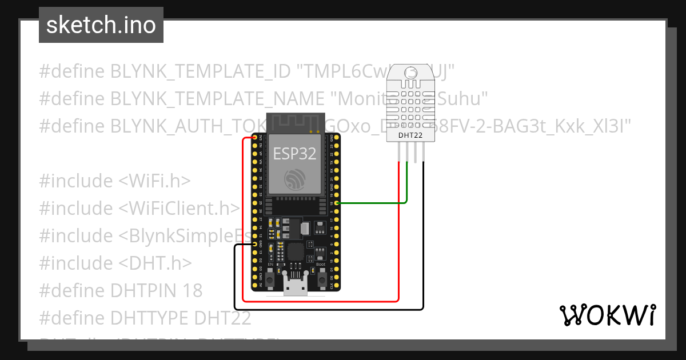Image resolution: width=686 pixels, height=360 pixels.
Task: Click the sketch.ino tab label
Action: coord(101,25)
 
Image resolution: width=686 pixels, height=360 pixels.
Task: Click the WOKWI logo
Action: coord(607,315)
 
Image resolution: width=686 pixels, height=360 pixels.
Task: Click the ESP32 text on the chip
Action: coord(294,153)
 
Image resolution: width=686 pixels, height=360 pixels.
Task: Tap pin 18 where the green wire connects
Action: coord(336,203)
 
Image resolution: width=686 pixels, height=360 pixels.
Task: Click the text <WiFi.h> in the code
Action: coord(154,181)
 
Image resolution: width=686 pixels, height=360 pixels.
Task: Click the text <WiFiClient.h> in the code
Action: coord(179,209)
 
